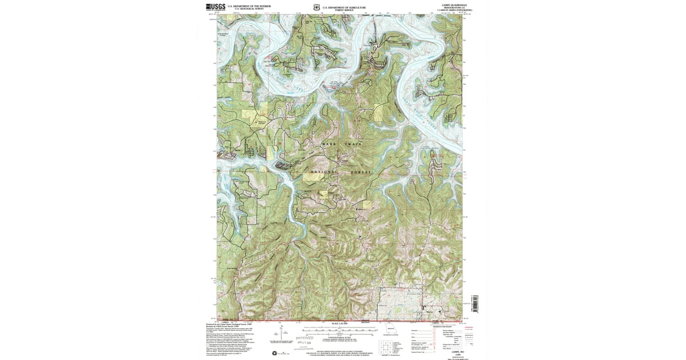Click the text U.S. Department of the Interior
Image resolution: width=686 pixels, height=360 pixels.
245,6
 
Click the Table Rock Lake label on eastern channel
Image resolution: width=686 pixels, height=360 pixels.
422,106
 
